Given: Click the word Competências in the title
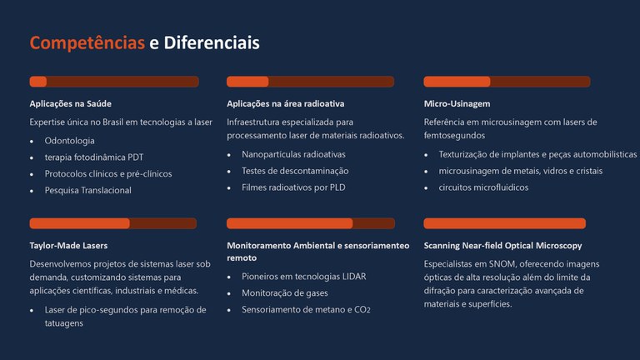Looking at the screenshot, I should [x=87, y=42].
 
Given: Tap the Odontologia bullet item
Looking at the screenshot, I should [x=69, y=141].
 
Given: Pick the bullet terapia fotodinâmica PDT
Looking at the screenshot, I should [x=93, y=157].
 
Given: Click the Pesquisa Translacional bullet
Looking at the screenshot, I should [x=87, y=190].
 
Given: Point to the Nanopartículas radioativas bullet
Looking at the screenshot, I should [x=293, y=154].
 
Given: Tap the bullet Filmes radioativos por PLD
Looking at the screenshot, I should [x=293, y=187].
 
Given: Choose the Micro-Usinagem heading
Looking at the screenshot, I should [x=457, y=104].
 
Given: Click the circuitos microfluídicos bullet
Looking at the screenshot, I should [x=483, y=187].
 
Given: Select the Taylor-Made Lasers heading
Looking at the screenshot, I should [x=68, y=246].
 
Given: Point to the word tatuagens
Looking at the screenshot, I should [x=64, y=323].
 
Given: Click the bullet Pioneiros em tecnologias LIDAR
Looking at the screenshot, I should [x=303, y=277].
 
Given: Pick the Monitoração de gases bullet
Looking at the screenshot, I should [x=284, y=293].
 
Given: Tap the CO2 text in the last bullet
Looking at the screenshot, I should [x=361, y=310].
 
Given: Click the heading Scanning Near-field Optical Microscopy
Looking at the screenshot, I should [x=502, y=246].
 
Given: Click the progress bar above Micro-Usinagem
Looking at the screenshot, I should [x=507, y=82].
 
